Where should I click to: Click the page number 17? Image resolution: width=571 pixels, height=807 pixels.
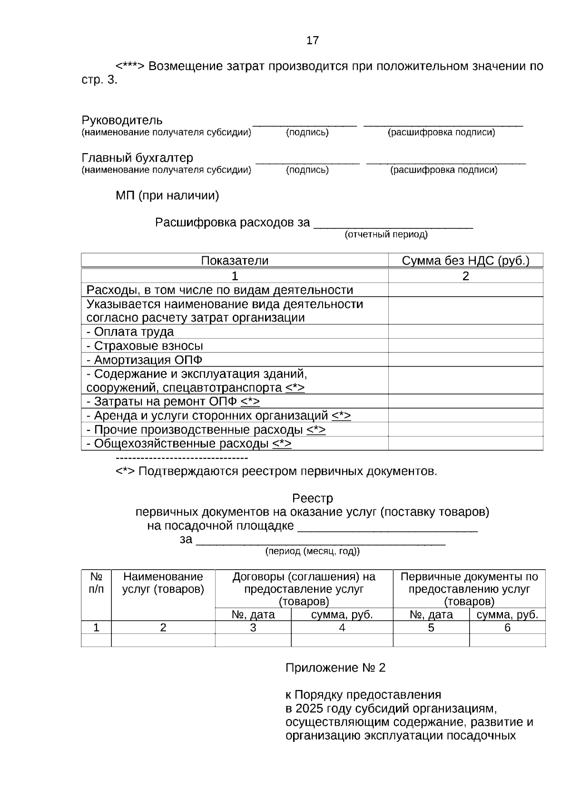point(313,40)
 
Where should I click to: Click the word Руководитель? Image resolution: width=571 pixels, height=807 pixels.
point(122,120)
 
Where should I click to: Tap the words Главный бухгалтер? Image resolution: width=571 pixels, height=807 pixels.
point(137,157)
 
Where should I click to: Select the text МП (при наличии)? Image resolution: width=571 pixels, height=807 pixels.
point(167,195)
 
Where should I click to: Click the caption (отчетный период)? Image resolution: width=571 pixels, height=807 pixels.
point(386,234)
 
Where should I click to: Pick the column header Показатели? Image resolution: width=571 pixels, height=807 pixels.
point(235,261)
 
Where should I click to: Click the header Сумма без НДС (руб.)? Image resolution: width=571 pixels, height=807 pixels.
point(465,261)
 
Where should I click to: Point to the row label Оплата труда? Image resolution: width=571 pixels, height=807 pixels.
point(134,331)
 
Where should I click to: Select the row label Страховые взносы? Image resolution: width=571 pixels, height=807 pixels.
point(148,346)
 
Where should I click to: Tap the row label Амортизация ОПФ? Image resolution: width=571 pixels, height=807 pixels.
point(148,360)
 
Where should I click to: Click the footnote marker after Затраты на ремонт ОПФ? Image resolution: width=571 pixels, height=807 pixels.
point(250,401)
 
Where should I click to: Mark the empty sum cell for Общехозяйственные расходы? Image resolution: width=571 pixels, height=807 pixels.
point(465,444)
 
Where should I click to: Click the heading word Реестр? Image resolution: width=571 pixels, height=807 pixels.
point(312,498)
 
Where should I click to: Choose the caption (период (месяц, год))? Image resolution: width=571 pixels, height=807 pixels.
point(312,551)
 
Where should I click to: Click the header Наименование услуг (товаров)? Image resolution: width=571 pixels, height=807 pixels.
point(163,583)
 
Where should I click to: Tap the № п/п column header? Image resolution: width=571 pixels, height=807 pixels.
point(96,583)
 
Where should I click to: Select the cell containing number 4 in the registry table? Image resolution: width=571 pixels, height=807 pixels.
point(342,628)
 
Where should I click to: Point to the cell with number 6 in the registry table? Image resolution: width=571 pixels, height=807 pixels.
point(507,628)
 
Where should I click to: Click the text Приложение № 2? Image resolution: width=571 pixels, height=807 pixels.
point(335,668)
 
